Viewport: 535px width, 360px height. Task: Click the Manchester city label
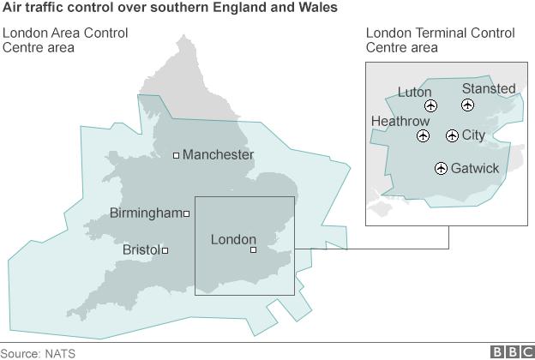218,155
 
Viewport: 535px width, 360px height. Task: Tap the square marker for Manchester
176,155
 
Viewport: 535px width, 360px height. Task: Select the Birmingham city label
146,213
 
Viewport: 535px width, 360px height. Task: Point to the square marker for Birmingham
186,213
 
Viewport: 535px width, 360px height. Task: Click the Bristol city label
141,250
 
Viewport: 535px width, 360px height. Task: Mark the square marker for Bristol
165,250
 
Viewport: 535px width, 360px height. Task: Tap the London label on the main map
233,239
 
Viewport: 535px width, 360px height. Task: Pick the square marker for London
253,249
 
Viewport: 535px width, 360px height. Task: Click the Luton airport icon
430,106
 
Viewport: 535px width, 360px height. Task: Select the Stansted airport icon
467,105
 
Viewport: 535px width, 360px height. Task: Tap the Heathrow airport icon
423,136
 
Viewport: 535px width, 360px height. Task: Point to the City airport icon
452,136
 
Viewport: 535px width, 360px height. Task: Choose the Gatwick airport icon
441,168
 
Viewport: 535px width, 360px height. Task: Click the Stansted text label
489,88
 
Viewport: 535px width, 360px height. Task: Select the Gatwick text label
474,168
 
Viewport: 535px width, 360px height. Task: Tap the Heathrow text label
400,122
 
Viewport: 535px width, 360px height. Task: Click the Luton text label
415,92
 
